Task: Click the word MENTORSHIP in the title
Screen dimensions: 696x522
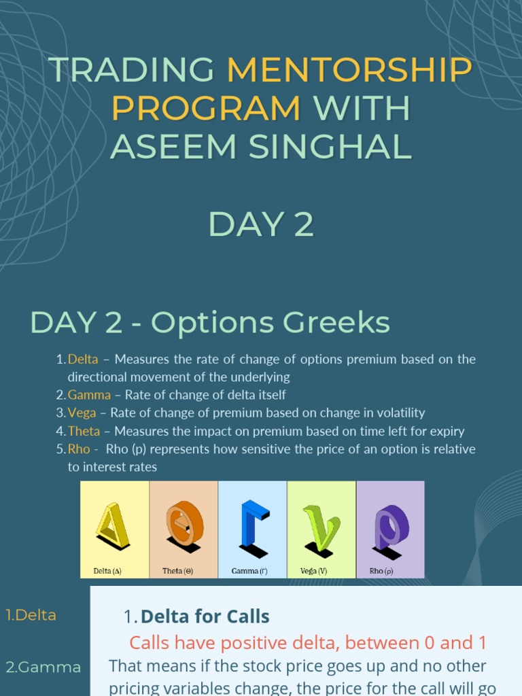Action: (349, 70)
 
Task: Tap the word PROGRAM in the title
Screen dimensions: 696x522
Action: (206, 108)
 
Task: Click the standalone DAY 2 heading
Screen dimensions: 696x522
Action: (261, 224)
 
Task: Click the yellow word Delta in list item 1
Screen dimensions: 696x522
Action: (83, 359)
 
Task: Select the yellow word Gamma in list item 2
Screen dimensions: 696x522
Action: (89, 395)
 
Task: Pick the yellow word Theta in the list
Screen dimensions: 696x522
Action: (84, 431)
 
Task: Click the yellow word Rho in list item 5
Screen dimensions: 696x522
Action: (78, 449)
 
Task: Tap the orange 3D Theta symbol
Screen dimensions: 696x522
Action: (184, 524)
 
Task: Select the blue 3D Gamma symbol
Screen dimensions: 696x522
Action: (252, 524)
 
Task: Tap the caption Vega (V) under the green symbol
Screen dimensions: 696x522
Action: (314, 571)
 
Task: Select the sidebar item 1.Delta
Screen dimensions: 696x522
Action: (31, 615)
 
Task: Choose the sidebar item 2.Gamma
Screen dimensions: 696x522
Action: (43, 667)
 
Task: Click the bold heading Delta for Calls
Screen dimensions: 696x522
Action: (205, 616)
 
